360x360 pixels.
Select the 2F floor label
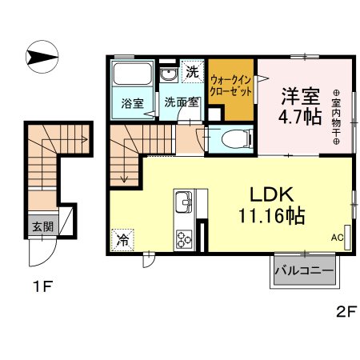344,313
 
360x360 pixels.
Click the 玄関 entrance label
42,227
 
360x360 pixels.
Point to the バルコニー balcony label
304,271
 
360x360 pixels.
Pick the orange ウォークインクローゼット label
232,86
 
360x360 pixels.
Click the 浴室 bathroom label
132,103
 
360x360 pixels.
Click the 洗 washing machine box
192,71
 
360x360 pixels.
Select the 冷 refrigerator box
123,239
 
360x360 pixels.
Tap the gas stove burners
184,238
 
